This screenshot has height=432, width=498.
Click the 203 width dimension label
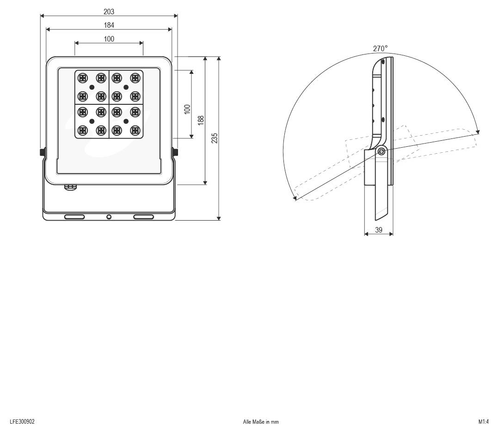coord(109,12)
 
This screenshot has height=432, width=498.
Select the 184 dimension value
coord(109,25)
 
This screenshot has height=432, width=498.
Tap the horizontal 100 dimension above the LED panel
coord(109,39)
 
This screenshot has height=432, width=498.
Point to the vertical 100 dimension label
coord(187,109)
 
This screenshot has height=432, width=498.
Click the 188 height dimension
coord(201,120)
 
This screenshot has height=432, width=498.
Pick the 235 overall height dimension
coord(215,138)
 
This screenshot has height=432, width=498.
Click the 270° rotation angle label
coord(380,48)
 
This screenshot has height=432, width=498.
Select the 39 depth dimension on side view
coord(379,230)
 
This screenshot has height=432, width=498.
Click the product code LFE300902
coord(22,421)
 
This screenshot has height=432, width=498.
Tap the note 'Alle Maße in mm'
coord(261,422)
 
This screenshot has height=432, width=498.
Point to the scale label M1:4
coord(483,421)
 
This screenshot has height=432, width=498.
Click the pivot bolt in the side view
coord(381,151)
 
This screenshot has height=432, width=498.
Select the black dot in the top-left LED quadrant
coord(92,87)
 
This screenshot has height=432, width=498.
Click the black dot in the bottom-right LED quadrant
coord(126,121)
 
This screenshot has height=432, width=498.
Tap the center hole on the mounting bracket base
coord(109,217)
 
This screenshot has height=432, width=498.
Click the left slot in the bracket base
coord(74,217)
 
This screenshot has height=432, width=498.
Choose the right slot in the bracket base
coord(143,217)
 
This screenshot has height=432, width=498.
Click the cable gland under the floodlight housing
coord(70,187)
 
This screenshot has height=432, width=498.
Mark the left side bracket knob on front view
coord(42,152)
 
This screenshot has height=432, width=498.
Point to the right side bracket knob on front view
coord(176,152)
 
